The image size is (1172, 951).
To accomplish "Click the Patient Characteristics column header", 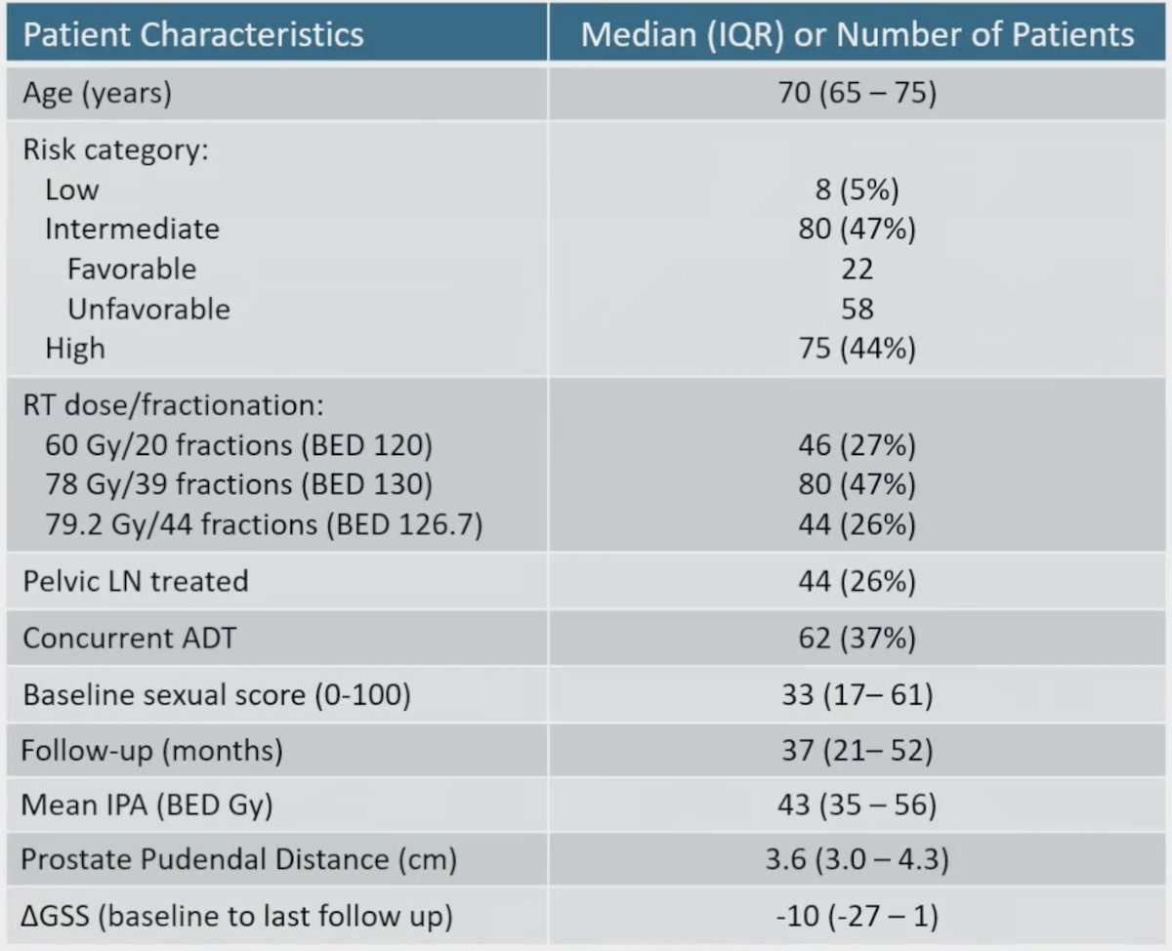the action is click(x=193, y=34).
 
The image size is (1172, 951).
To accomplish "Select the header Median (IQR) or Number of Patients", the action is click(x=858, y=34).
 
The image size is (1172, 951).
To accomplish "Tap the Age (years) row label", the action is click(x=98, y=93).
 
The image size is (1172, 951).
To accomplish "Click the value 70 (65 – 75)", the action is click(x=858, y=92).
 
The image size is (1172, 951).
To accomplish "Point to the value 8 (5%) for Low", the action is click(x=858, y=189).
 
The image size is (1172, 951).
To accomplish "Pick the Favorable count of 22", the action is click(x=858, y=269).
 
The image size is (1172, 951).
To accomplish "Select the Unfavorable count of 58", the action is click(x=858, y=310).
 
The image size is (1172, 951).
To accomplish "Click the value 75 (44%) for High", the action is click(x=858, y=349).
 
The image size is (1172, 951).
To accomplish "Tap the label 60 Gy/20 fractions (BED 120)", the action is click(x=239, y=445).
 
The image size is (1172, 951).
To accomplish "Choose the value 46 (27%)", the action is click(x=858, y=445).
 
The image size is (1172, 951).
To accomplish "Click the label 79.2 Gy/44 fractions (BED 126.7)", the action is click(x=264, y=524).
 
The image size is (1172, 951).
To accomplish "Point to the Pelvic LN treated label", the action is click(x=136, y=581).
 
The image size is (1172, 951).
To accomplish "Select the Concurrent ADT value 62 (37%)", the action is click(x=858, y=638).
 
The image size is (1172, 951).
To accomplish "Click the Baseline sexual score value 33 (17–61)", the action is click(x=858, y=694).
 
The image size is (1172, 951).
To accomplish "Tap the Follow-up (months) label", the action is click(x=151, y=751).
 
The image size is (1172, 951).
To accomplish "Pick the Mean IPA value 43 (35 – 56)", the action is click(x=858, y=806).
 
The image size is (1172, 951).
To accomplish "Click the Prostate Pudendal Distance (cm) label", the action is click(x=239, y=859).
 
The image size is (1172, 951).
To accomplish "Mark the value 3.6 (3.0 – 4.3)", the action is click(x=858, y=859).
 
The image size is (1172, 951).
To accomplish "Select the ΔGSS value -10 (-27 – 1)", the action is click(x=858, y=917).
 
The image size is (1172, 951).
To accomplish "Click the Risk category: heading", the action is click(x=116, y=150).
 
